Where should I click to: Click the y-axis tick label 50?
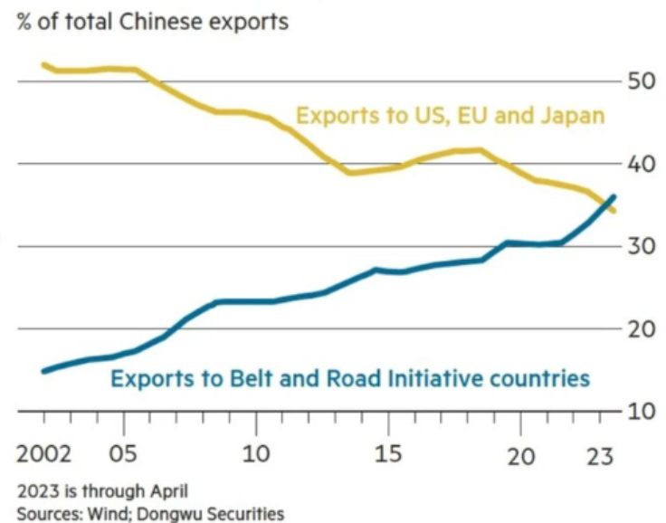click(642, 81)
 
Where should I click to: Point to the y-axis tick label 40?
click(642, 165)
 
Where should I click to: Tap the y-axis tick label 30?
click(642, 247)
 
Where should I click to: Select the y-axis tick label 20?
click(642, 329)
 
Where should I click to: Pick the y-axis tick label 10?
click(642, 412)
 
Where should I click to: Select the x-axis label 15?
click(388, 452)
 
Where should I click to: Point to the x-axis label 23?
click(598, 452)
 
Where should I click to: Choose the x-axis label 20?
click(520, 452)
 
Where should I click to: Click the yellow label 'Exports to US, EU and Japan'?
click(451, 116)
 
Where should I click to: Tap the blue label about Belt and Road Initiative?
click(350, 377)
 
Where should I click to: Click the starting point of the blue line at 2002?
click(44, 370)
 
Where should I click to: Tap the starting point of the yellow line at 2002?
click(44, 65)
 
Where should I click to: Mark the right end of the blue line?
click(615, 196)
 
